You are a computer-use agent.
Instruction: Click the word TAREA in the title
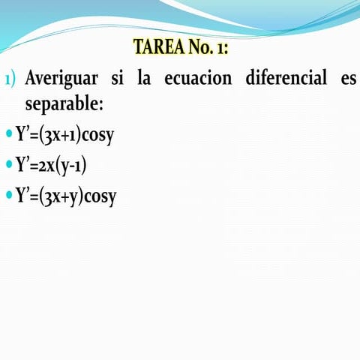point(155,47)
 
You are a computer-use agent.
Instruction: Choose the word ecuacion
point(198,78)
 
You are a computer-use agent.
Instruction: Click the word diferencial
point(282,78)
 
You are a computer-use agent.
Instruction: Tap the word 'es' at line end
point(348,78)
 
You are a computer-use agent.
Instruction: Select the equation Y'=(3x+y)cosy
point(65,196)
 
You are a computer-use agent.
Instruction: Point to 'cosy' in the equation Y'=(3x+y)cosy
point(100,196)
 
